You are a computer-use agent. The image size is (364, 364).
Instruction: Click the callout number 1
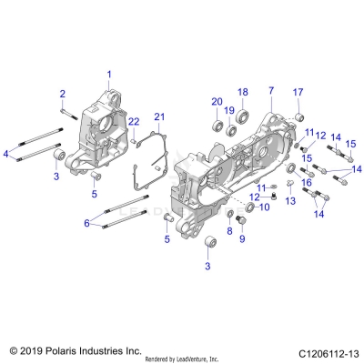pyautogui.click(x=108, y=73)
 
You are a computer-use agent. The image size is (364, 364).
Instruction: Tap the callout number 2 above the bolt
pyautogui.click(x=63, y=95)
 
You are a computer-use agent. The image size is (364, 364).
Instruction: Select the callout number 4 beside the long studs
pyautogui.click(x=5, y=155)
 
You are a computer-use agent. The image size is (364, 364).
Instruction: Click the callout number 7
pyautogui.click(x=270, y=91)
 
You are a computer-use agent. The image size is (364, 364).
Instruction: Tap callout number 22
pyautogui.click(x=132, y=122)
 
